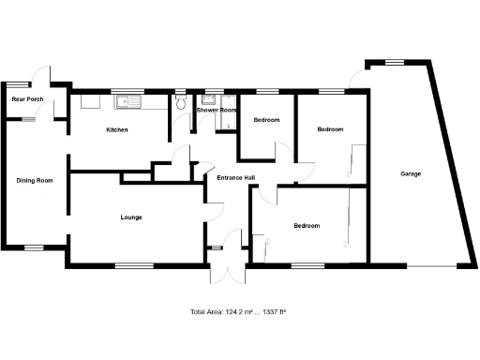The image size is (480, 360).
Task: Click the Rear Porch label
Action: [x=27, y=98]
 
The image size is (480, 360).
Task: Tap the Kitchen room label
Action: [x=117, y=129]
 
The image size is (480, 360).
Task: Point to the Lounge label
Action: [x=131, y=217]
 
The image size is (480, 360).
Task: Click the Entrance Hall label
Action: [x=236, y=177]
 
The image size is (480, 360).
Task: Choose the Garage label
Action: [x=411, y=173]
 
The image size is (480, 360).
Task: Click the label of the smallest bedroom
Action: [x=267, y=120]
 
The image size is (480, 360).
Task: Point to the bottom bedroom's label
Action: [x=307, y=226]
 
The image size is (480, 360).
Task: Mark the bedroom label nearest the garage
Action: [x=329, y=129]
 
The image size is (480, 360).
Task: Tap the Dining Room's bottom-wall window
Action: [x=35, y=247]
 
